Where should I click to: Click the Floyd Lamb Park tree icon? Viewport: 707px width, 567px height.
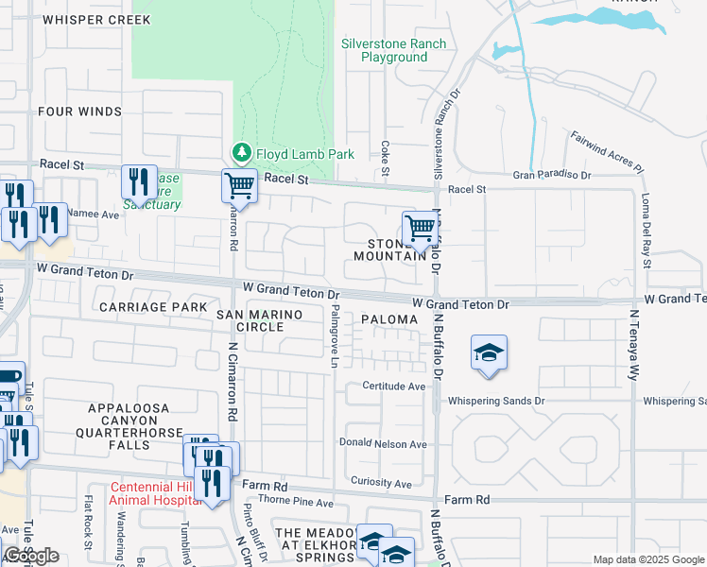pos(241,153)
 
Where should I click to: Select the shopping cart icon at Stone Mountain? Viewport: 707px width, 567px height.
pos(419,228)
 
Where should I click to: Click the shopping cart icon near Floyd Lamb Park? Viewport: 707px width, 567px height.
pos(240,185)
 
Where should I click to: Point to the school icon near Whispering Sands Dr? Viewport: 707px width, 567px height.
pos(489,354)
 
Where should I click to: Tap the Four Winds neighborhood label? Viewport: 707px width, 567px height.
pos(79,112)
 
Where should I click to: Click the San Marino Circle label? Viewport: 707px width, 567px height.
pos(250,320)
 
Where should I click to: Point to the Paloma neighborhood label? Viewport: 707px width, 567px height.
pos(389,320)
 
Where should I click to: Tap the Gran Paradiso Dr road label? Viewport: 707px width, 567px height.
pos(552,175)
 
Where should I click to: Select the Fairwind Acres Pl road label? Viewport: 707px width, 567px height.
pos(606,151)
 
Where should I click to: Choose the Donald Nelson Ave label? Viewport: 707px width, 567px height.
pos(384,443)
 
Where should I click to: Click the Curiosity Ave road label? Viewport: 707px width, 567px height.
pos(381,484)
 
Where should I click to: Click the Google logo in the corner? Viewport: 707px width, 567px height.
pos(31,556)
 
